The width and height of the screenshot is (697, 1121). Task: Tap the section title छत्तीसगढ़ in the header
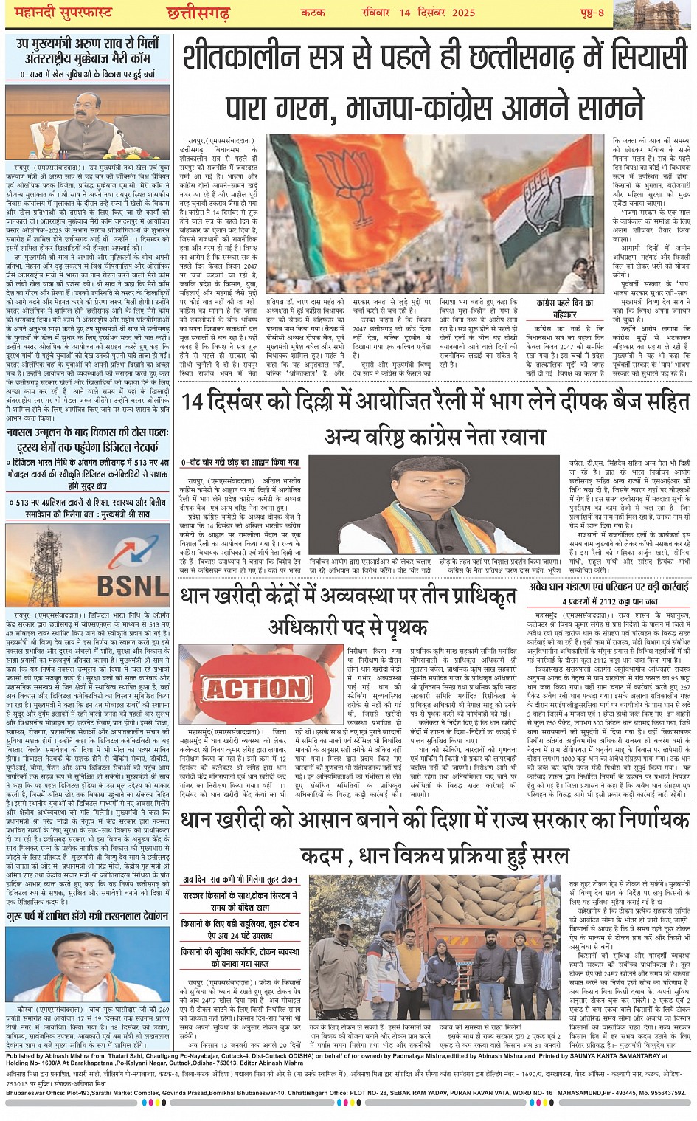(x=198, y=13)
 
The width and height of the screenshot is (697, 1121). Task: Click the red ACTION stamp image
(x=256, y=688)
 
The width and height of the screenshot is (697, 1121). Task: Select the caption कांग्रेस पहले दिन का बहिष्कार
(x=565, y=308)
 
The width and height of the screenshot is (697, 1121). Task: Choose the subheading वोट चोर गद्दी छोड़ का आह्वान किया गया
(x=241, y=463)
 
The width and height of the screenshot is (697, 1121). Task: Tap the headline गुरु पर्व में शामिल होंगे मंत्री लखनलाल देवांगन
(x=88, y=916)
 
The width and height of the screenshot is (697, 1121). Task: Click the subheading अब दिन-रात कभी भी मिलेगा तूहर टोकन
(x=240, y=880)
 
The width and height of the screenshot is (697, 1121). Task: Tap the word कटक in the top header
(x=313, y=13)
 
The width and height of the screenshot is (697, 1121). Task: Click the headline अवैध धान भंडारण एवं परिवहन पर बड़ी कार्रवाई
(x=608, y=587)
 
